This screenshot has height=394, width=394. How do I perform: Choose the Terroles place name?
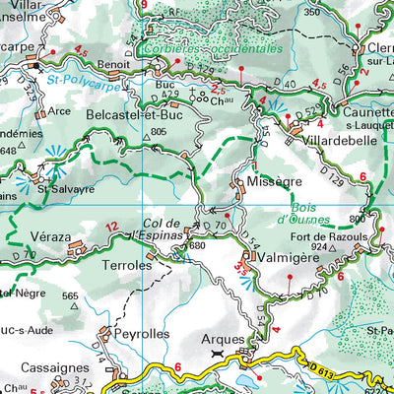pyautogui.click(x=126, y=265)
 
